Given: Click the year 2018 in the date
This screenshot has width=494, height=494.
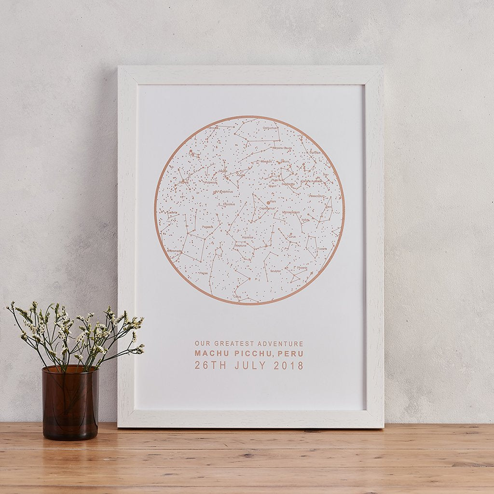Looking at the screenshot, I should (x=288, y=366).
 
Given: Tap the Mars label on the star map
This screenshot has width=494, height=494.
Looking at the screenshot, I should (x=273, y=201).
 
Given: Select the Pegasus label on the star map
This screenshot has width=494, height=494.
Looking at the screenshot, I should (x=208, y=226).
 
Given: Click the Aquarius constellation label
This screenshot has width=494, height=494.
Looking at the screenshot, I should (x=247, y=237).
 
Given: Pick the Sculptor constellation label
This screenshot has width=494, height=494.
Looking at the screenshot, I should (x=276, y=271).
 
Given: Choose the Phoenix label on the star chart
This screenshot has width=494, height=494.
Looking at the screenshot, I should (x=302, y=268).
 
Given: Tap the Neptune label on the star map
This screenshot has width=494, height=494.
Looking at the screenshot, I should (x=241, y=245).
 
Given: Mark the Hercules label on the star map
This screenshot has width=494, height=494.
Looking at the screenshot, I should (x=212, y=128).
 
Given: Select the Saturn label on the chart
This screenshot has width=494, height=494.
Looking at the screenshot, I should (x=285, y=162).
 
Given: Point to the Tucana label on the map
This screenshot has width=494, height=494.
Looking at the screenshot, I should (x=322, y=249).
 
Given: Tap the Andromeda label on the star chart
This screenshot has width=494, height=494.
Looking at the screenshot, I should (x=174, y=251).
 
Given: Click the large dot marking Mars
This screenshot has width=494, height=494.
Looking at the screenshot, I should (x=268, y=203).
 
